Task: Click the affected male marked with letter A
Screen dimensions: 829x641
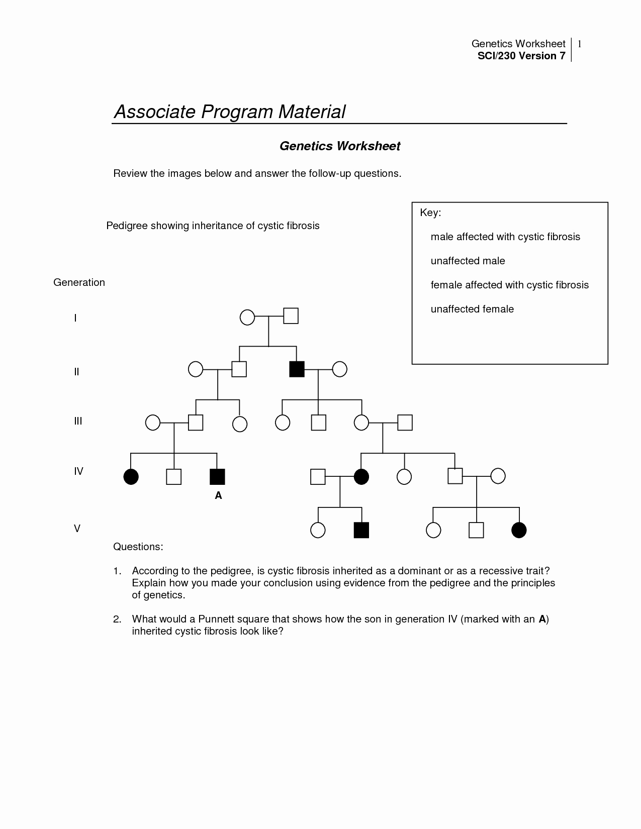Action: [217, 476]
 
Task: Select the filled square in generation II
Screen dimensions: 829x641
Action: [297, 369]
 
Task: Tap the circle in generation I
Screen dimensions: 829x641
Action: [247, 318]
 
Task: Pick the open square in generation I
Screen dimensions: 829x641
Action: [291, 316]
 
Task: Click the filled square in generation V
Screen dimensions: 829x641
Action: [361, 530]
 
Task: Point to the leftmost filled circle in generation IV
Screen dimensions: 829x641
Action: [131, 476]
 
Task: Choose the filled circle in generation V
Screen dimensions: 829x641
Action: [519, 530]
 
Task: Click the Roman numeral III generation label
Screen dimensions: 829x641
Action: [78, 421]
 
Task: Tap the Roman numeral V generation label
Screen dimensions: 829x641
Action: [77, 529]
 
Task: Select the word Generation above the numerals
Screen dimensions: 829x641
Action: [79, 282]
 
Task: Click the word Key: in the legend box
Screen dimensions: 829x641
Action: [430, 213]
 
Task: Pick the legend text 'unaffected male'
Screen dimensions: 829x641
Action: [468, 261]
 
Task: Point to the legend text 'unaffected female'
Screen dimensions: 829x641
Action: [472, 309]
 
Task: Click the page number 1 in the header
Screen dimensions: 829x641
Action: [579, 44]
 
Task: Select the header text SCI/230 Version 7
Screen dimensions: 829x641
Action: [521, 56]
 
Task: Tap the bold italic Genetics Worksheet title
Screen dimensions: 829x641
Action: [340, 146]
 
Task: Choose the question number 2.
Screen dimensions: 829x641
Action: [117, 619]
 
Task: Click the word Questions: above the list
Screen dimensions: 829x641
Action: [138, 547]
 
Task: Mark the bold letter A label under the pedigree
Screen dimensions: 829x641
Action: [218, 495]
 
